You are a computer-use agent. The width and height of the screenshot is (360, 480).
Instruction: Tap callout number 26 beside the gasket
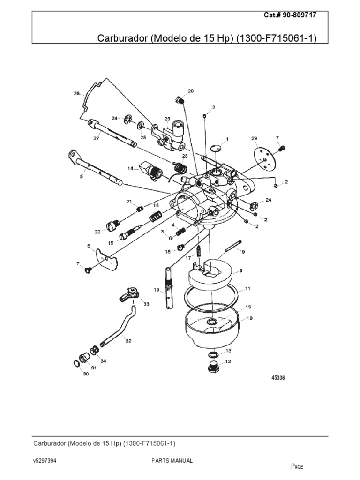pos(76,93)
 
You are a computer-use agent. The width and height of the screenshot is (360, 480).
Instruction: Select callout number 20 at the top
pos(190,90)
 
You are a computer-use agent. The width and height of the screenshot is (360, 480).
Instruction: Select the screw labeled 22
pos(112,226)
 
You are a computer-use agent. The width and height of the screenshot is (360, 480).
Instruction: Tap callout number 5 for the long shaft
pos(81,177)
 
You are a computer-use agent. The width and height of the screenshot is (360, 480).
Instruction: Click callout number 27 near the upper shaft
pos(96,138)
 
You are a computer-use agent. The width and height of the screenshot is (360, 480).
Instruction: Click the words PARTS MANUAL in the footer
pos(172,461)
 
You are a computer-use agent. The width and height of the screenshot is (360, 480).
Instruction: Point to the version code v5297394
pos(45,461)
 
